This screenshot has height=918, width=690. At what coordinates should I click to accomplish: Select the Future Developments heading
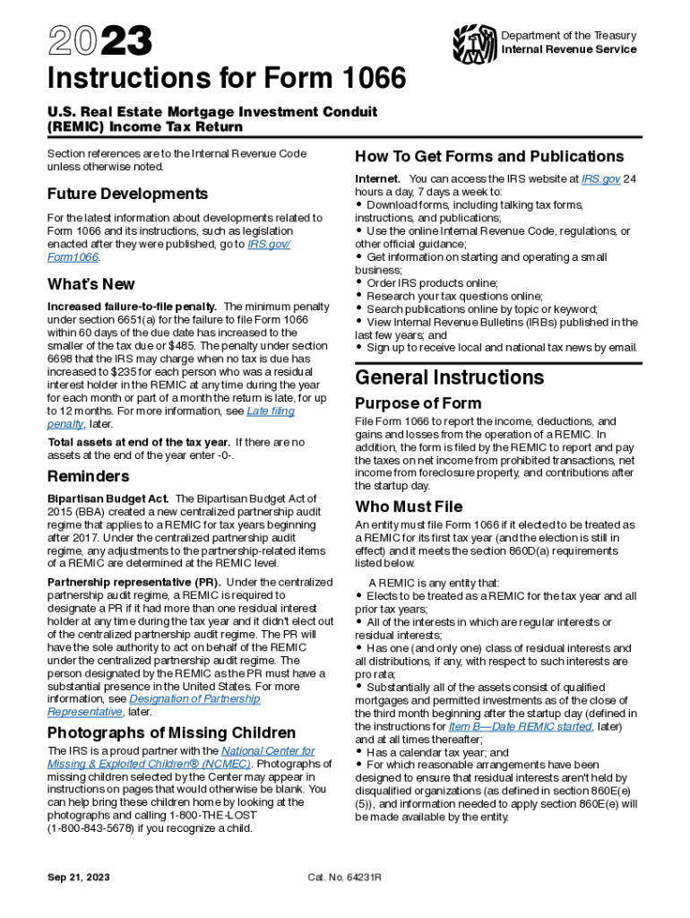(x=127, y=194)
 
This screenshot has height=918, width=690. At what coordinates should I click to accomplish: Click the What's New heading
(x=91, y=284)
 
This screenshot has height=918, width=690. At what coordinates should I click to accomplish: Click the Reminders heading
(x=89, y=476)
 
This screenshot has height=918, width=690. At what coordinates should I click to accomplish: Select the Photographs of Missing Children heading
(x=171, y=732)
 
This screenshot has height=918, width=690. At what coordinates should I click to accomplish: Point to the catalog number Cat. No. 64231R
(x=344, y=876)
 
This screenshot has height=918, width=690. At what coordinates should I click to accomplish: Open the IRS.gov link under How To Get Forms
(x=600, y=179)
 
